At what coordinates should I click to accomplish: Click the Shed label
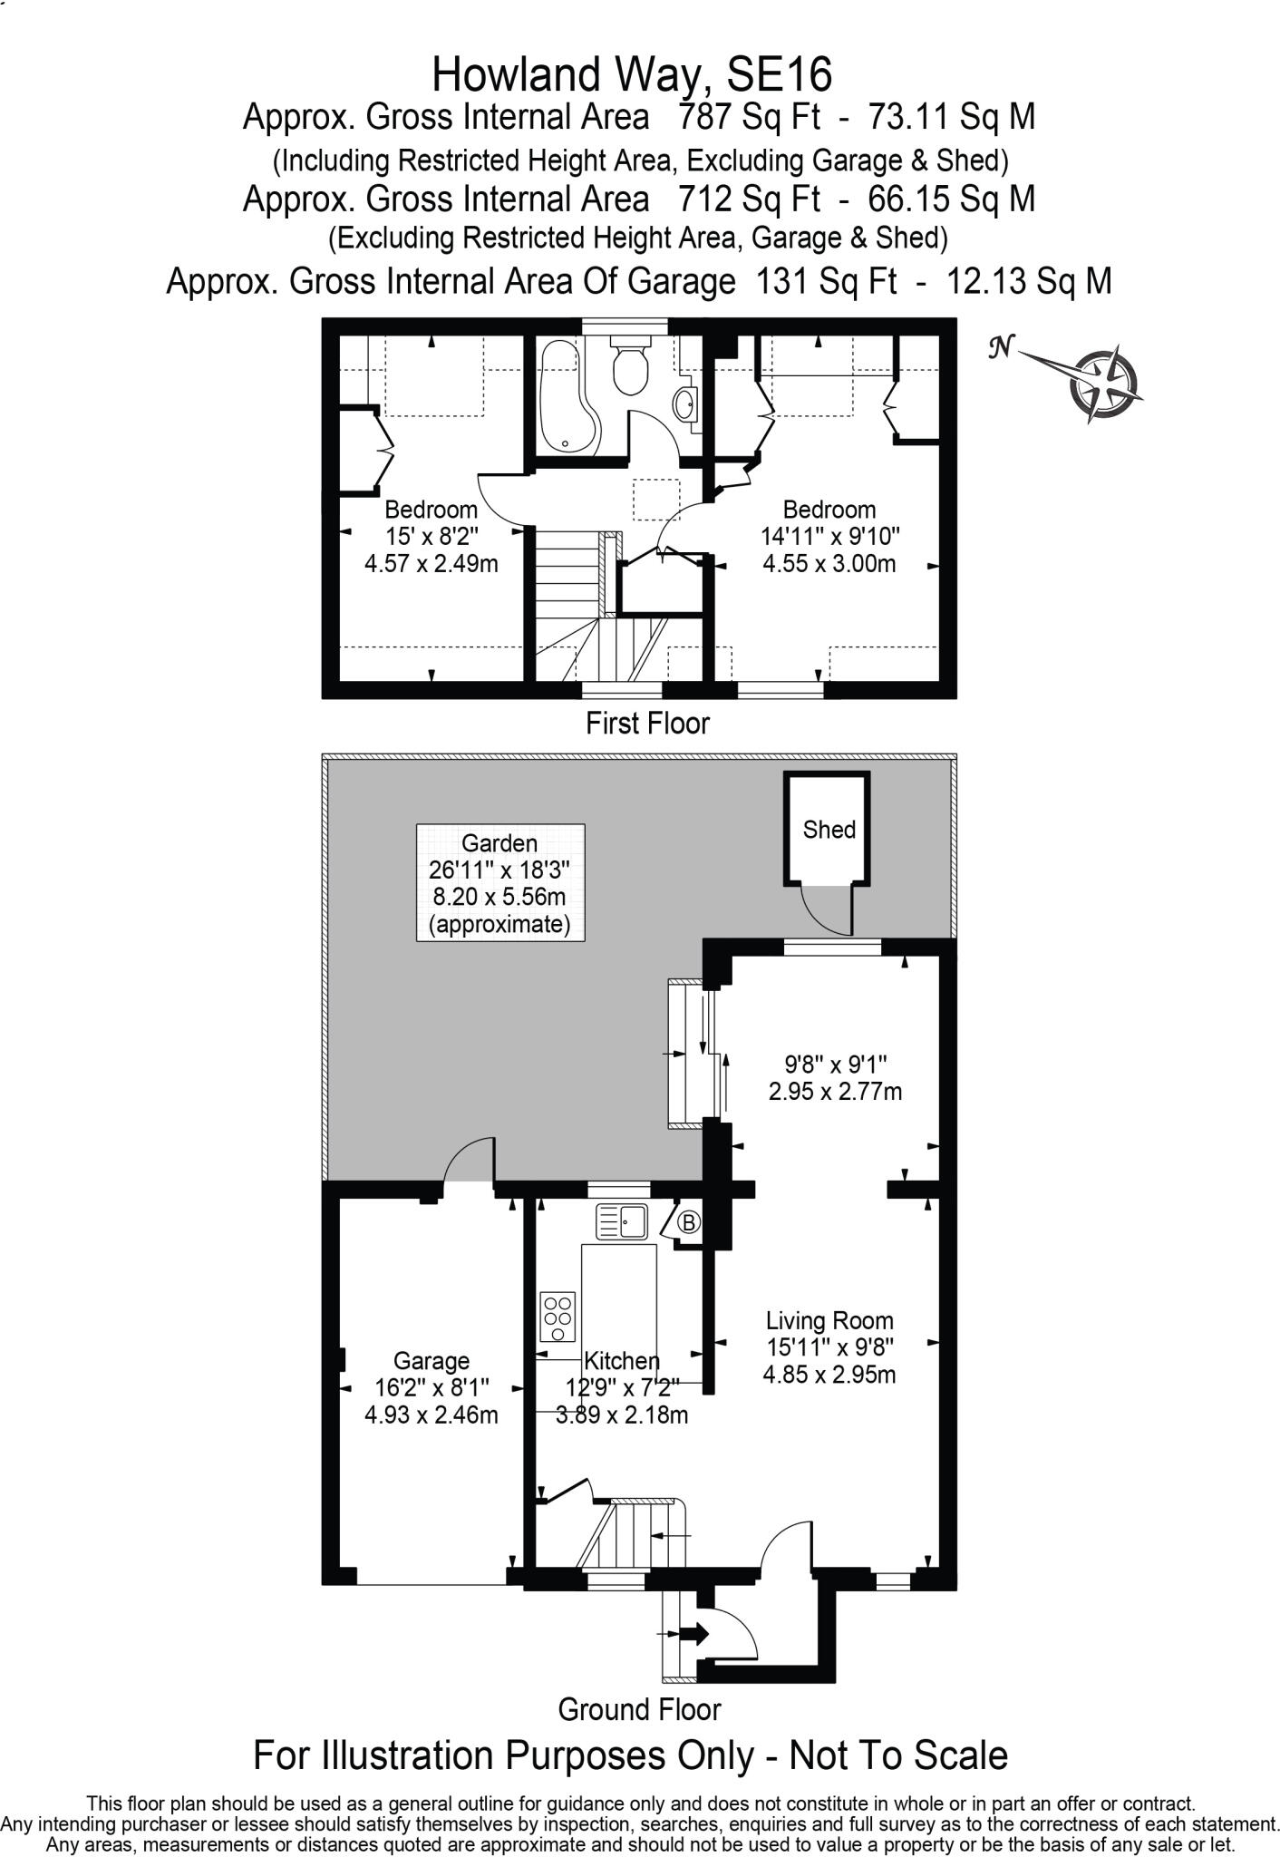[x=829, y=830]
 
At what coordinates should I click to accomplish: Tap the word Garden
[x=499, y=843]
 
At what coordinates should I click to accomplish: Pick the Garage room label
[x=431, y=1361]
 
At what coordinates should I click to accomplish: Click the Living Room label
[x=829, y=1320]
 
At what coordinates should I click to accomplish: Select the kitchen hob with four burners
[x=558, y=1317]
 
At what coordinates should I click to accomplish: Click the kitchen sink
[x=621, y=1222]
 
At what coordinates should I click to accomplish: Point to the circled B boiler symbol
[x=689, y=1223]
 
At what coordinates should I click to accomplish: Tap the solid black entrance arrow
[x=694, y=1634]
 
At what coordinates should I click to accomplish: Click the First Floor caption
[x=647, y=724]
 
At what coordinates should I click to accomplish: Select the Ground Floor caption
[x=639, y=1710]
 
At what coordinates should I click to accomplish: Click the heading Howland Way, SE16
[x=632, y=75]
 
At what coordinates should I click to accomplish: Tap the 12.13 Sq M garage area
[x=1029, y=282]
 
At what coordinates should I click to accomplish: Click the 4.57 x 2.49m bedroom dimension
[x=431, y=564]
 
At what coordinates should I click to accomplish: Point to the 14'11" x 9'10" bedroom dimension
[x=829, y=536]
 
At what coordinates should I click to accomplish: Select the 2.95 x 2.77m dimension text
[x=835, y=1092]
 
